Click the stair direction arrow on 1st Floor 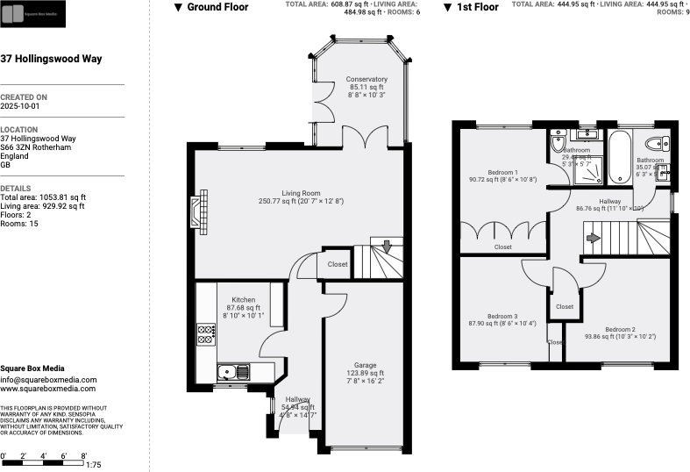click(593, 237)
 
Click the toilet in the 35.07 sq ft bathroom click(654, 144)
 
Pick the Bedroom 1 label click(503, 172)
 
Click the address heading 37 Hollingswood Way click(52, 59)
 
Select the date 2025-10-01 click(21, 105)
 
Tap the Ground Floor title click(217, 7)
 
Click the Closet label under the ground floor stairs click(338, 264)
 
